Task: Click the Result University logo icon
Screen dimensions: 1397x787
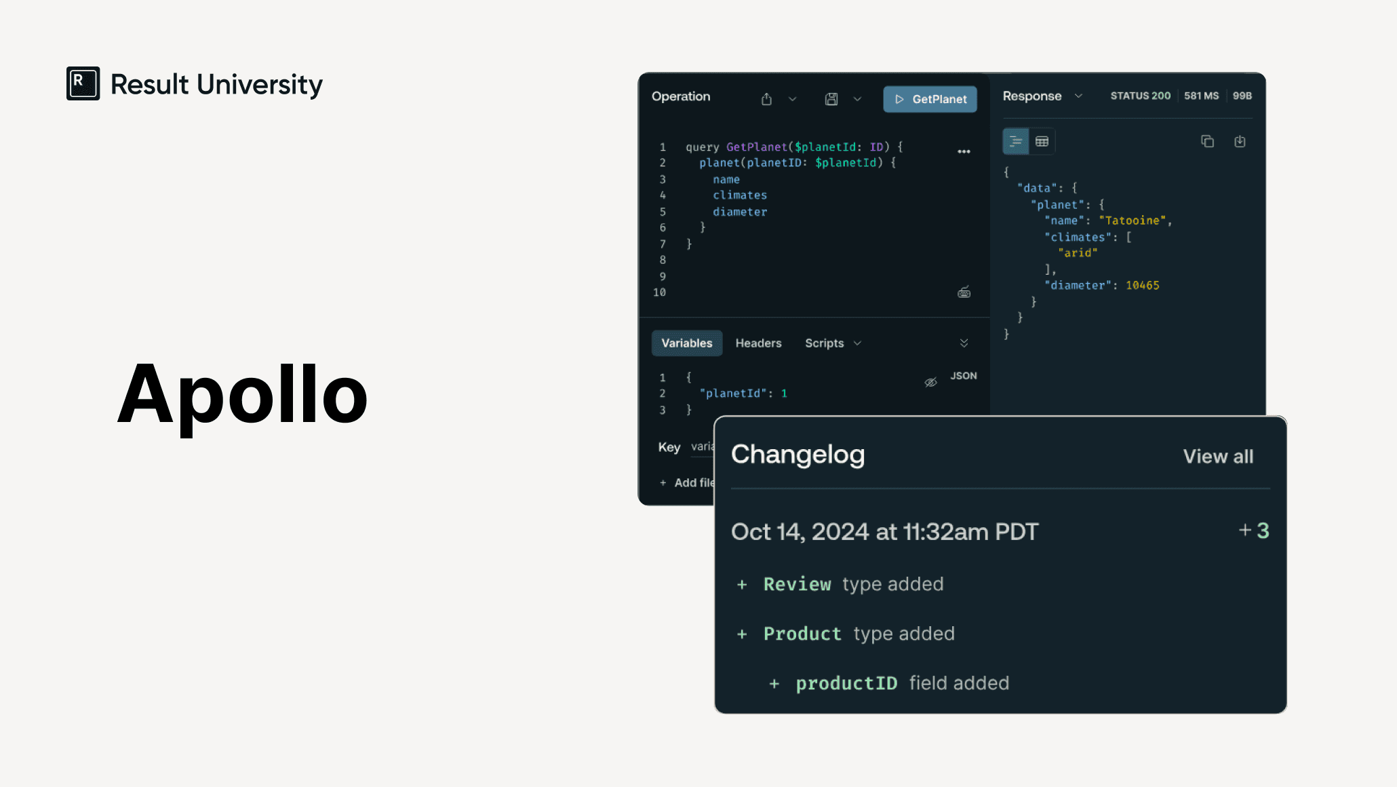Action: (x=83, y=83)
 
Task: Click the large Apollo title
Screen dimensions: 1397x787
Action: (x=242, y=395)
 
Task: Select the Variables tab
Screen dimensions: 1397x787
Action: (x=686, y=343)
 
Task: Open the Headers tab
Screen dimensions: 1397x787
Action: (x=758, y=343)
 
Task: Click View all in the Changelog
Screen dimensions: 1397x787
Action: (x=1218, y=457)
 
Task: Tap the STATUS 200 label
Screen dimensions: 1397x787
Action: (x=1140, y=96)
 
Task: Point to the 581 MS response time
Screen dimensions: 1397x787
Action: (x=1201, y=96)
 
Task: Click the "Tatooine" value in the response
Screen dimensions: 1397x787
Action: (x=1132, y=220)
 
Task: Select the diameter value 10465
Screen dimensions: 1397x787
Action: (x=1143, y=286)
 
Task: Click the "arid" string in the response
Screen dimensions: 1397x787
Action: (x=1078, y=253)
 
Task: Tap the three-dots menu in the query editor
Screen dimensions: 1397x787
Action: (x=964, y=151)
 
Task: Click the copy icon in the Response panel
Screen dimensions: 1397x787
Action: (x=1207, y=141)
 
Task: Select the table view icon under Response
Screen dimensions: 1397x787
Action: (x=1042, y=141)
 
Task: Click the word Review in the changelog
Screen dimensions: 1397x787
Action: (x=797, y=584)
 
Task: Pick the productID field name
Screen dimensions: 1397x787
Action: (x=846, y=683)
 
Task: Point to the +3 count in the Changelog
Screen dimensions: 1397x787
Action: (x=1253, y=531)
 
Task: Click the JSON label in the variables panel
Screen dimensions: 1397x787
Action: (x=964, y=376)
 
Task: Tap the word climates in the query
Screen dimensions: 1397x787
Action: (x=740, y=195)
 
